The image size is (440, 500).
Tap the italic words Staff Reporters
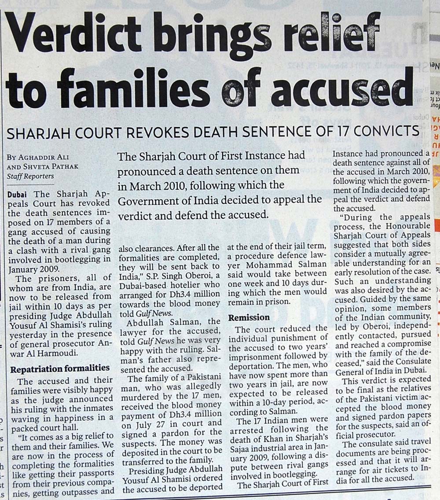pos(30,176)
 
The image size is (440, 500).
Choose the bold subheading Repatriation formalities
pos(60,368)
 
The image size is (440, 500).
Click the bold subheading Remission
pos(249,317)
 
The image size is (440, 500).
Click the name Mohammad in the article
pos(263,264)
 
